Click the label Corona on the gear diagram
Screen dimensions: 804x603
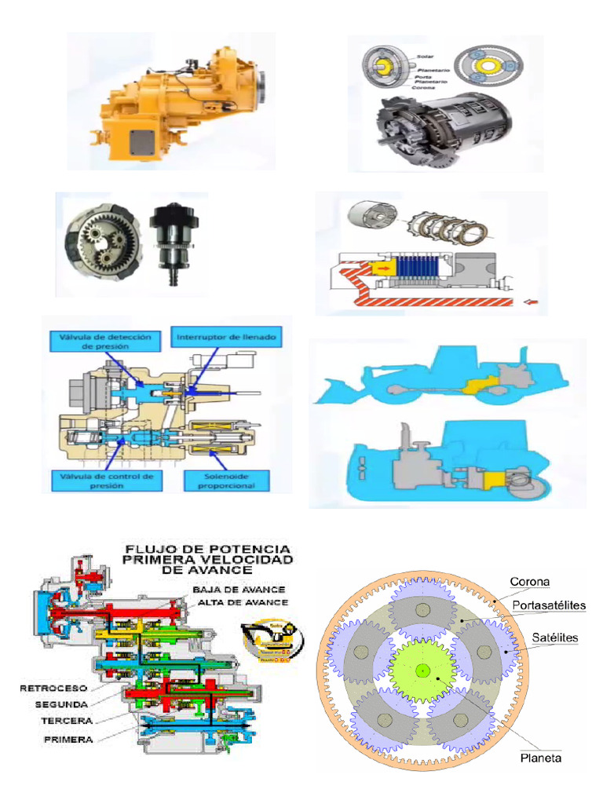[530, 582]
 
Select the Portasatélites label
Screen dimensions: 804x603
[549, 605]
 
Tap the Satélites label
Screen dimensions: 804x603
[555, 638]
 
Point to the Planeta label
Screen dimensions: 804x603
[541, 758]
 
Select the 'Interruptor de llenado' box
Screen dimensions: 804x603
[225, 336]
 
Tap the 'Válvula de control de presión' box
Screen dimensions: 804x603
[108, 481]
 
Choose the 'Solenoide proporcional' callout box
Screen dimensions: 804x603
[226, 481]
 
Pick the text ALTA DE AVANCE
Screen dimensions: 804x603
[243, 601]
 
